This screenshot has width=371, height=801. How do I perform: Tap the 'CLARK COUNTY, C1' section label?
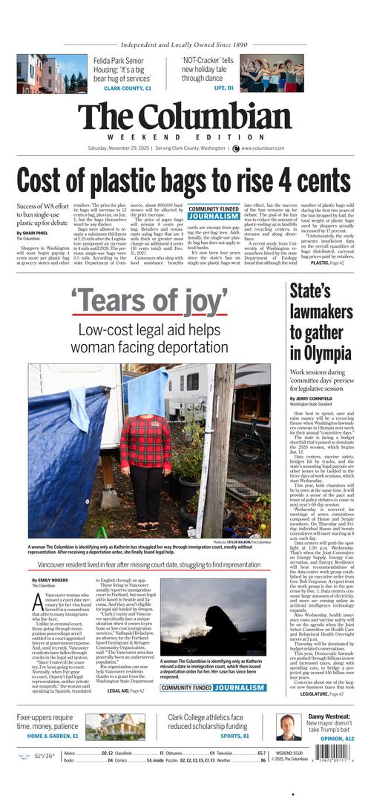127,88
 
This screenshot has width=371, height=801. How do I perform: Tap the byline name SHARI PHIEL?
32,233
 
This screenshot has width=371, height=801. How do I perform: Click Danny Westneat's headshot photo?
289,727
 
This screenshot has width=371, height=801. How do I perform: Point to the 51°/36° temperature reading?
48,756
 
